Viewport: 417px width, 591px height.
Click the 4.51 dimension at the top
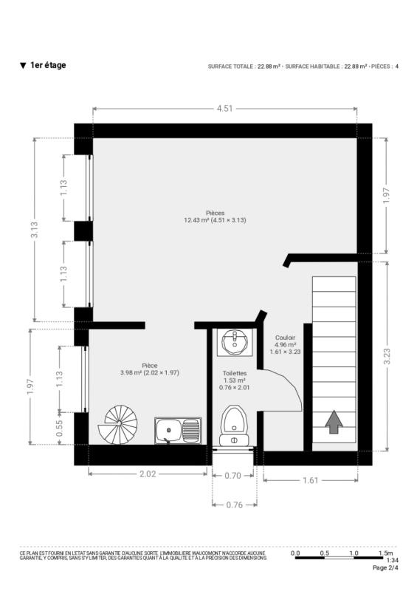click(x=224, y=109)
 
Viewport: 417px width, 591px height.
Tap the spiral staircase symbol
click(x=118, y=424)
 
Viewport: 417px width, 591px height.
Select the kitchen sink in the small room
click(x=178, y=430)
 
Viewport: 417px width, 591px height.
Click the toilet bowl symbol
click(x=234, y=426)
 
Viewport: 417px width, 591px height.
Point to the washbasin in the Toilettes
click(x=234, y=342)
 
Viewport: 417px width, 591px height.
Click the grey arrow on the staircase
click(x=334, y=422)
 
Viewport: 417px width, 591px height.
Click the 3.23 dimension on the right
click(x=387, y=356)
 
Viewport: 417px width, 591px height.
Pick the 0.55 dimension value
click(x=59, y=428)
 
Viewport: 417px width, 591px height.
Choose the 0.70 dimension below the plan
click(x=232, y=476)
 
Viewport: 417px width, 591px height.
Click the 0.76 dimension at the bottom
click(x=234, y=505)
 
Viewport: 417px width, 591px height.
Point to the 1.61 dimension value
click(x=311, y=480)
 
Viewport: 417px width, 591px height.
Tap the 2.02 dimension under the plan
click(x=148, y=474)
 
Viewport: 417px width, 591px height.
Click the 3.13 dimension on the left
click(x=34, y=230)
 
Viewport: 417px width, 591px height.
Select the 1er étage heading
click(x=48, y=65)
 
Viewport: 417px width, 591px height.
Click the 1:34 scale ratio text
click(x=392, y=560)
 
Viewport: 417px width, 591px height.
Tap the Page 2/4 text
click(x=385, y=567)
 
